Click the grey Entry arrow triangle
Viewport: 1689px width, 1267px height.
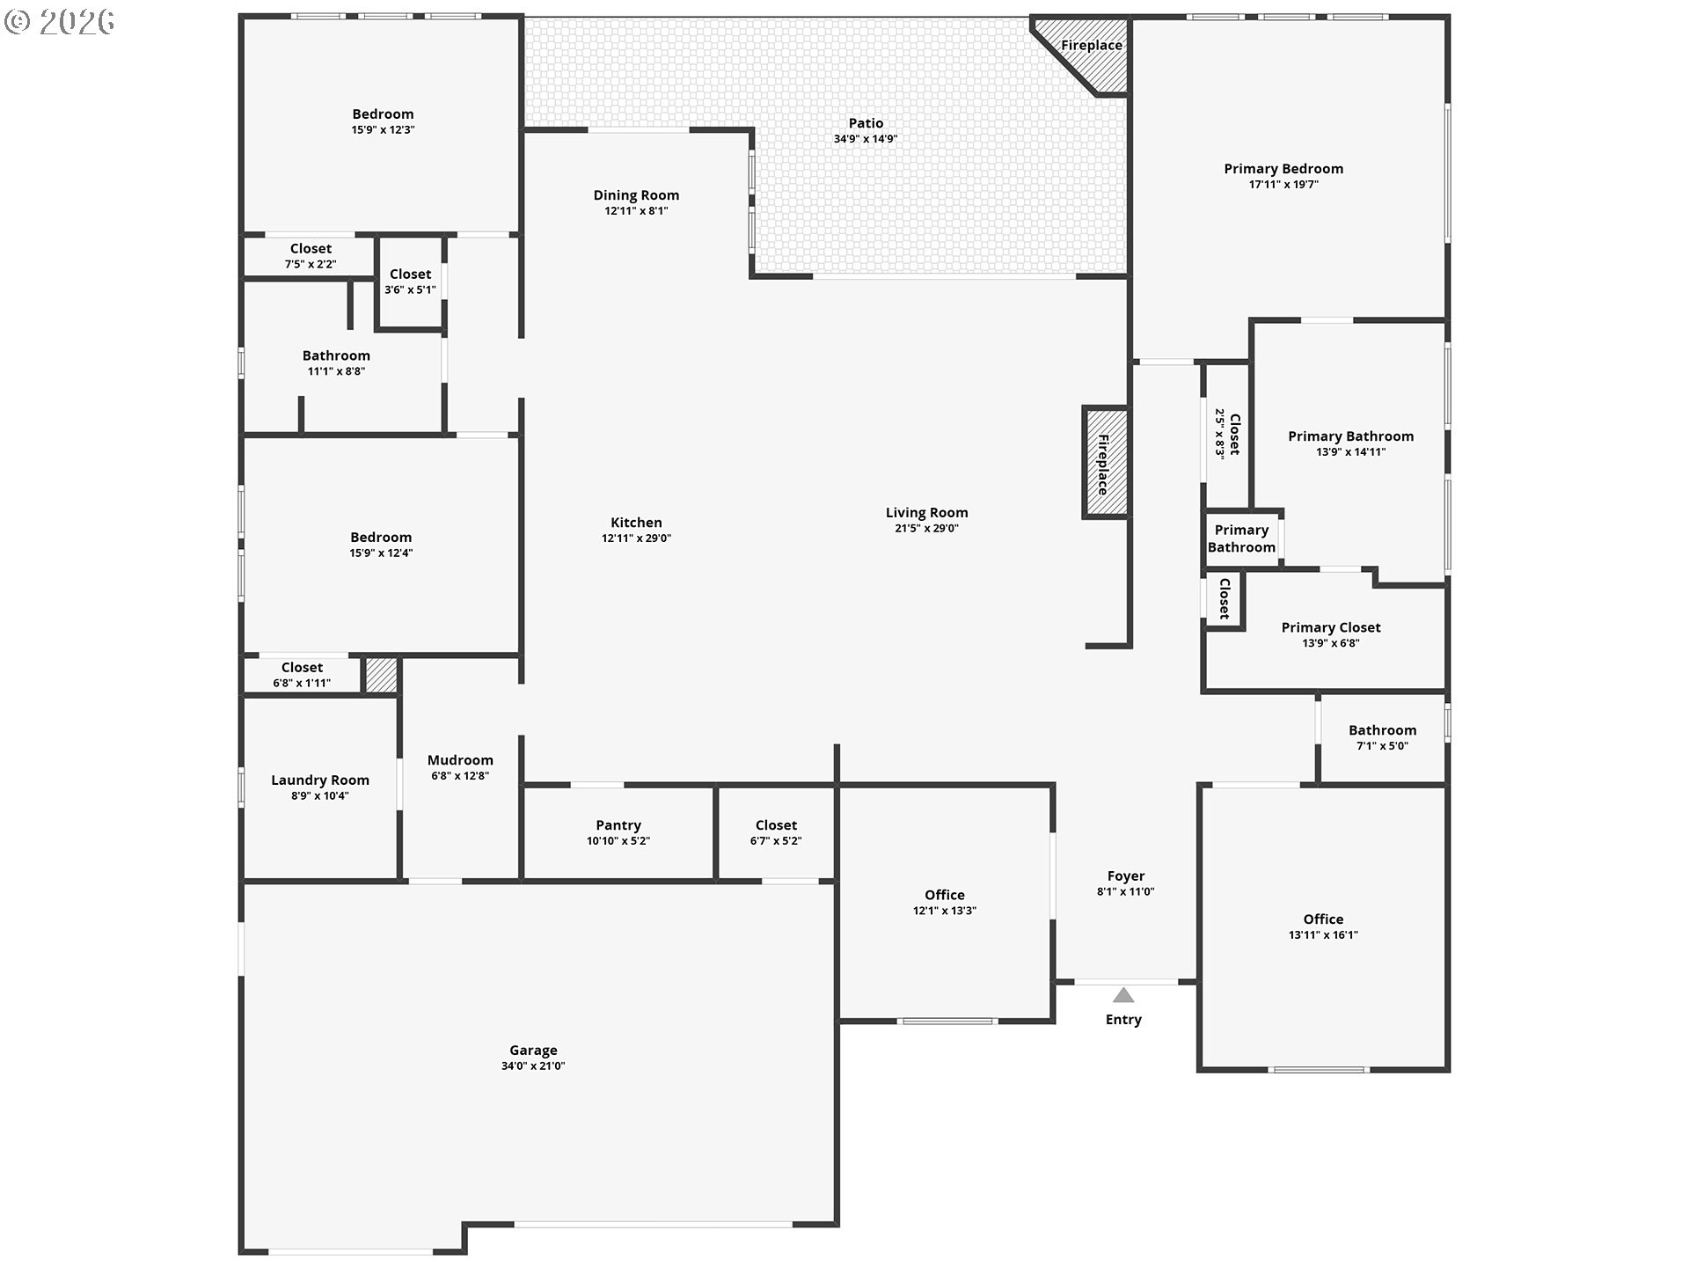point(1123,995)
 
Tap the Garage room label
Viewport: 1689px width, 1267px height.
point(533,1050)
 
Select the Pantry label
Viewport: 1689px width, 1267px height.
point(618,825)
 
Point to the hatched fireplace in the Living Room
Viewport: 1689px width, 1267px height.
point(1105,462)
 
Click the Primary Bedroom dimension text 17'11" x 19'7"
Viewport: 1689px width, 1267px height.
point(1283,185)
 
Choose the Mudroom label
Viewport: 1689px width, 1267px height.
point(460,760)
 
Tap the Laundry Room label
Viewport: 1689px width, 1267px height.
point(320,780)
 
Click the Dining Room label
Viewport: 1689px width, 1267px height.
point(636,195)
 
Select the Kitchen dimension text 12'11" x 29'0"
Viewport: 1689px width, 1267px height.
point(636,538)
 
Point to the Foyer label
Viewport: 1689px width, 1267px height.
point(1126,876)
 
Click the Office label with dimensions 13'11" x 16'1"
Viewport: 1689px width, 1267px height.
point(1323,919)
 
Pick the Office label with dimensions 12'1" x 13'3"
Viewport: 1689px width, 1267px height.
point(945,895)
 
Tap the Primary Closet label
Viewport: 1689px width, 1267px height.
point(1331,627)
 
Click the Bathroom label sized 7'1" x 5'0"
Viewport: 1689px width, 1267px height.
point(1383,730)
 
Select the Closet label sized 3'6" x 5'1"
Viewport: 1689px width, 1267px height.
point(410,275)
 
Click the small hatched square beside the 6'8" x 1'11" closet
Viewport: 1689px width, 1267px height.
point(382,676)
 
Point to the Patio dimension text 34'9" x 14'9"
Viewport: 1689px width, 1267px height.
point(866,139)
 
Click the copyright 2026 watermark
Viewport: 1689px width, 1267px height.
point(60,21)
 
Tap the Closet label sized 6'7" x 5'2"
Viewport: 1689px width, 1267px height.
point(776,825)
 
